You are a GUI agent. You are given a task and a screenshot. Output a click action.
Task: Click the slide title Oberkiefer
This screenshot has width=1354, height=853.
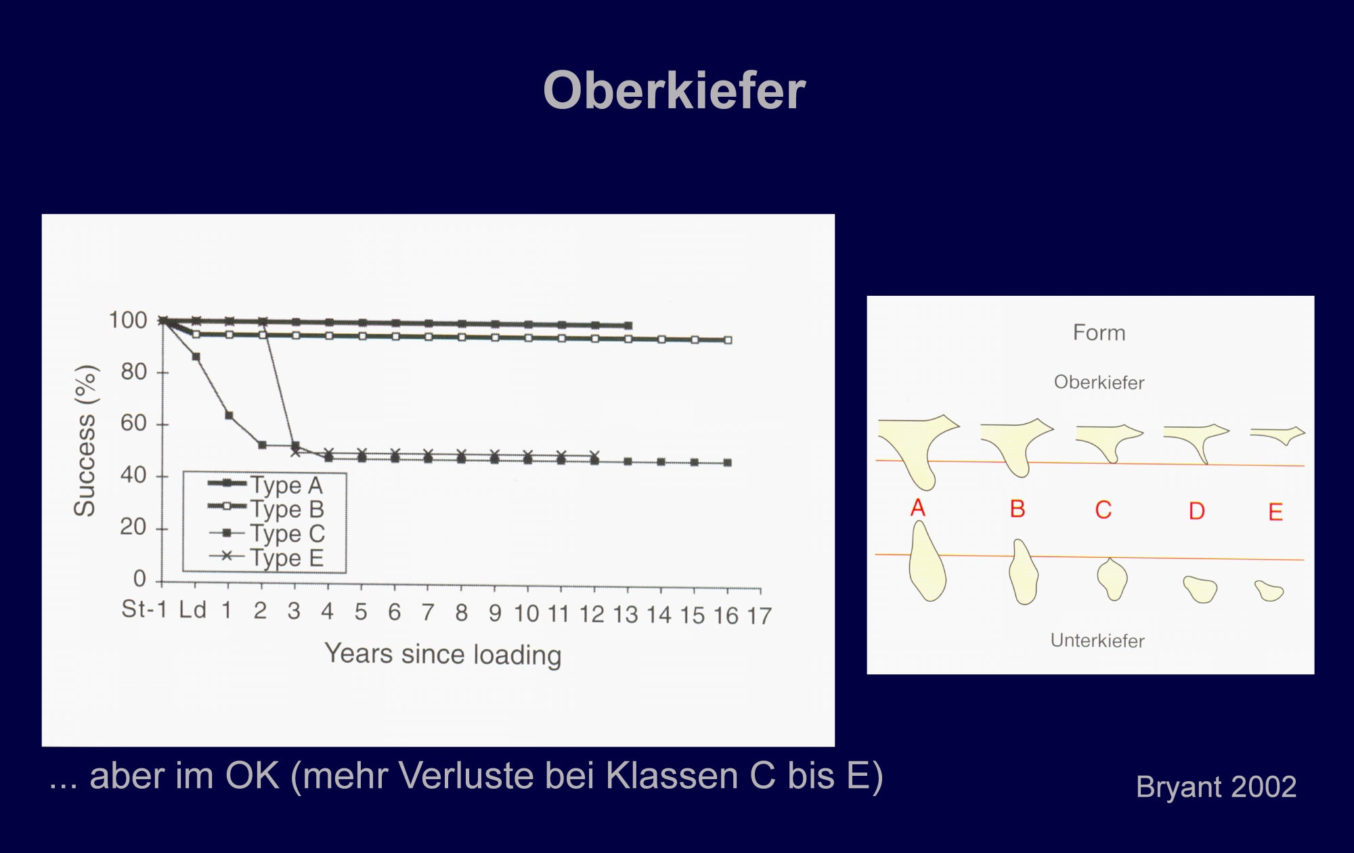tap(674, 91)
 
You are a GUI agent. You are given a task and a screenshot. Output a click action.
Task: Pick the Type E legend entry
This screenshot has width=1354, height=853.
tap(266, 558)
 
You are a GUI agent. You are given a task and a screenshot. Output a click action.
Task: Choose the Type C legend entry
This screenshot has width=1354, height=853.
tap(266, 533)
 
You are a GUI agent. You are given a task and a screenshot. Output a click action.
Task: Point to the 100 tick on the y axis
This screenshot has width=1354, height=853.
tap(128, 320)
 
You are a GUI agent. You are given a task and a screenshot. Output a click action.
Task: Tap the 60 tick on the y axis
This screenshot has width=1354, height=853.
tap(133, 424)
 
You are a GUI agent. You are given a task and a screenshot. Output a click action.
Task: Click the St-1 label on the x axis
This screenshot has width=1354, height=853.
tap(144, 609)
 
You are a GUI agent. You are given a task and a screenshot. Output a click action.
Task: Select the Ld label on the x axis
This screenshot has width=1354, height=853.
tap(192, 610)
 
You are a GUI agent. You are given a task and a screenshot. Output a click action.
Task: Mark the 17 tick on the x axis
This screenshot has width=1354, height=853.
tap(759, 616)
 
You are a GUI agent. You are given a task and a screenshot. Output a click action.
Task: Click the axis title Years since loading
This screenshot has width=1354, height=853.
tap(443, 655)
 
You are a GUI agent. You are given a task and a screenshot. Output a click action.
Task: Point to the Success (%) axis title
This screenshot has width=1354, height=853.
tap(85, 441)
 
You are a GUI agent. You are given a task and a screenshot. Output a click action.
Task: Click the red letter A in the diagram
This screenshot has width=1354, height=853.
tap(918, 508)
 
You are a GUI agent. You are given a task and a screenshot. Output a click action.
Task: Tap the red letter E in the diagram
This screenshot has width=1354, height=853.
tap(1275, 512)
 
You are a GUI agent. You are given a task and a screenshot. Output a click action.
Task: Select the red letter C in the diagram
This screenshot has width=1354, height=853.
tap(1104, 510)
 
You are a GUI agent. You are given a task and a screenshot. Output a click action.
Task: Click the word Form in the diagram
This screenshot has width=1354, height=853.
tap(1099, 333)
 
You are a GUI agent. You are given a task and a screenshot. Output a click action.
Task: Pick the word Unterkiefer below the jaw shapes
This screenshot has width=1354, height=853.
tap(1097, 640)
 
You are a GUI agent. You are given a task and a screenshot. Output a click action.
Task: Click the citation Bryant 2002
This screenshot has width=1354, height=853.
tap(1217, 787)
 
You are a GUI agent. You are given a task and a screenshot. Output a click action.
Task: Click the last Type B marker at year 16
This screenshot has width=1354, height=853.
tap(728, 341)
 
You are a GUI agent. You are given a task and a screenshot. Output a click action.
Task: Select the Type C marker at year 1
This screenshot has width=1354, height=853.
tap(229, 416)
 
